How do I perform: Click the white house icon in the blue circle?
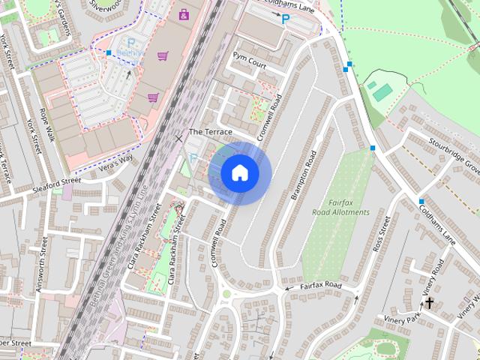pyautogui.click(x=240, y=173)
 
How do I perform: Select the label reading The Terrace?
pyautogui.click(x=210, y=132)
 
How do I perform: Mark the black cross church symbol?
pyautogui.click(x=430, y=303)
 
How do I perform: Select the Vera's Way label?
pyautogui.click(x=116, y=158)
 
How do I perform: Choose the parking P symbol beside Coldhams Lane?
pyautogui.click(x=285, y=18)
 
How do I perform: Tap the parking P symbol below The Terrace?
pyautogui.click(x=193, y=158)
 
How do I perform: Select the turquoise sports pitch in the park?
pyautogui.click(x=382, y=92)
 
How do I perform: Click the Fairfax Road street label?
pyautogui.click(x=321, y=286)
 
